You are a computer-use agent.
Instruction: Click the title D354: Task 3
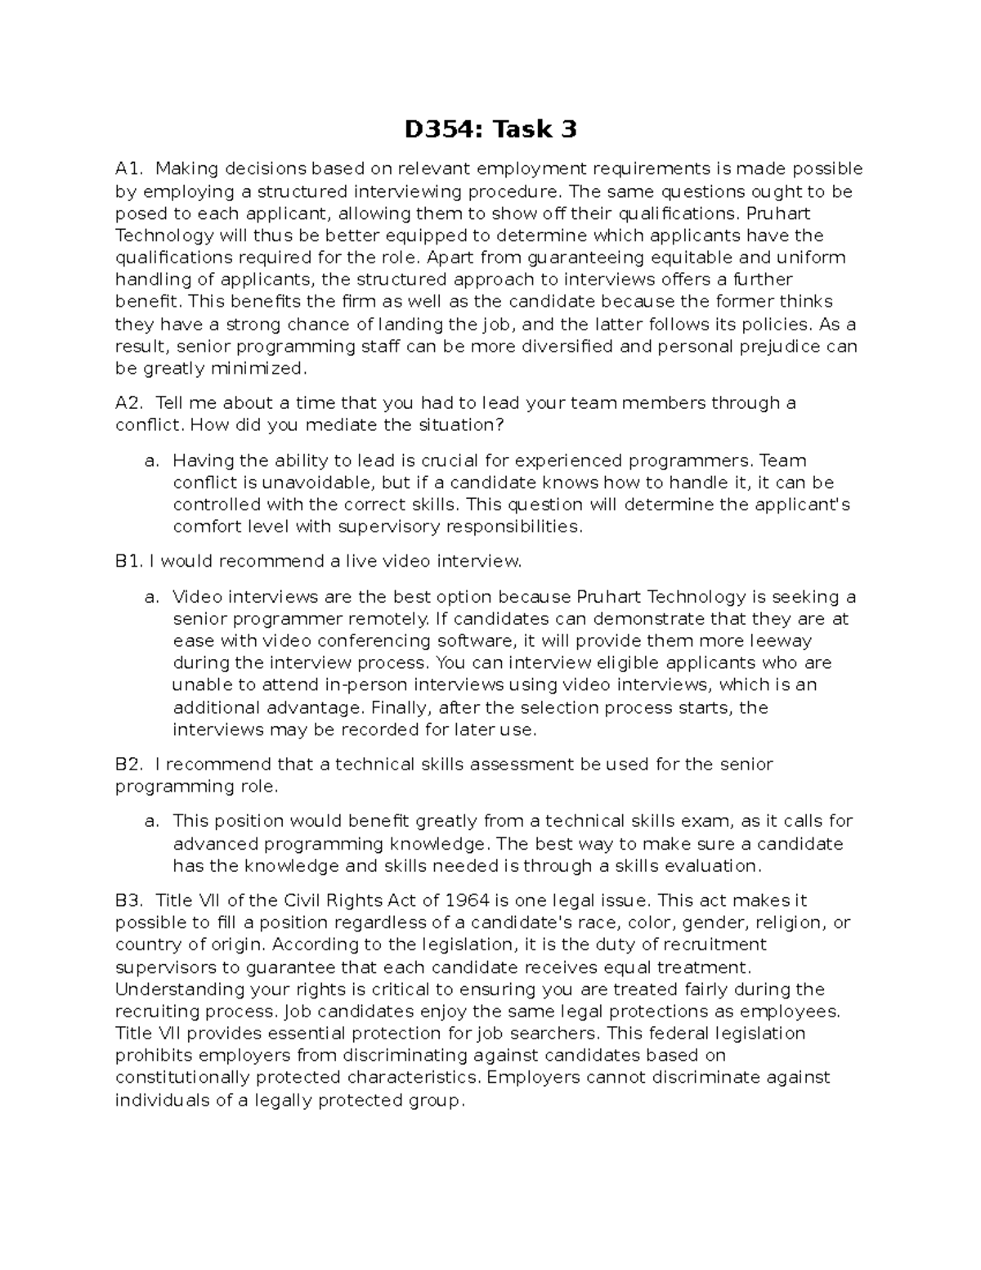tap(490, 129)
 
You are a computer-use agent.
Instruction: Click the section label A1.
tap(129, 169)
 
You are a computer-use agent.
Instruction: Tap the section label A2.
tap(129, 403)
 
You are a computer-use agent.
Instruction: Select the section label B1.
tap(129, 562)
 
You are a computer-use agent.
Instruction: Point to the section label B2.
tap(129, 765)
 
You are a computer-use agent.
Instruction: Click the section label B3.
tap(129, 901)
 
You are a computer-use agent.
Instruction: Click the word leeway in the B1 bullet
tap(781, 641)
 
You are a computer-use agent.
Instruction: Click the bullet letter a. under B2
tap(151, 821)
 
